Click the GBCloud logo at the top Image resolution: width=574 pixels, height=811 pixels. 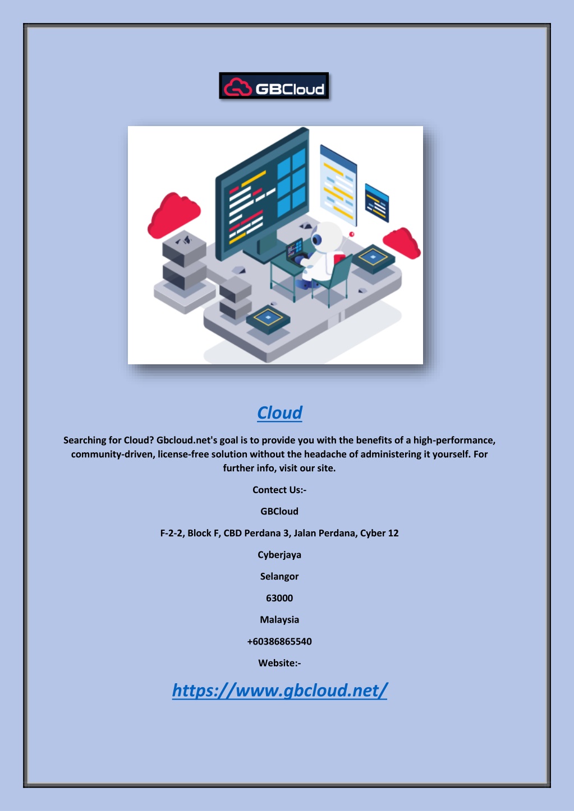tap(274, 85)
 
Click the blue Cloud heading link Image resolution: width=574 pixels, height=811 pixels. tap(279, 413)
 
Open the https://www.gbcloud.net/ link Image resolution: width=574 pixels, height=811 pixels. tap(279, 690)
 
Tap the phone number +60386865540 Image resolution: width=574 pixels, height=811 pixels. tap(279, 641)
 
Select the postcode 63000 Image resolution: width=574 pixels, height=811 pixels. tap(279, 598)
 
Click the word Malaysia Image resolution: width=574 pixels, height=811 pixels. tap(279, 619)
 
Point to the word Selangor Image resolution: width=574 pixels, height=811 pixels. tap(279, 576)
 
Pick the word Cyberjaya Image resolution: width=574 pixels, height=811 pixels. tap(279, 555)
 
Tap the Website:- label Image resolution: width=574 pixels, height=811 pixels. tap(279, 663)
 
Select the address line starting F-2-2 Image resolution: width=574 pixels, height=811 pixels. tap(279, 533)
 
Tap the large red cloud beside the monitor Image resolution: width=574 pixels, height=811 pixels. tap(173, 215)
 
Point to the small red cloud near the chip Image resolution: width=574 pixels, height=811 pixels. tap(402, 243)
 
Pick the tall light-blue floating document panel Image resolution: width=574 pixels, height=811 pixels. tap(338, 185)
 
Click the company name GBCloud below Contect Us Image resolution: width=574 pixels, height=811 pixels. tap(279, 511)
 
